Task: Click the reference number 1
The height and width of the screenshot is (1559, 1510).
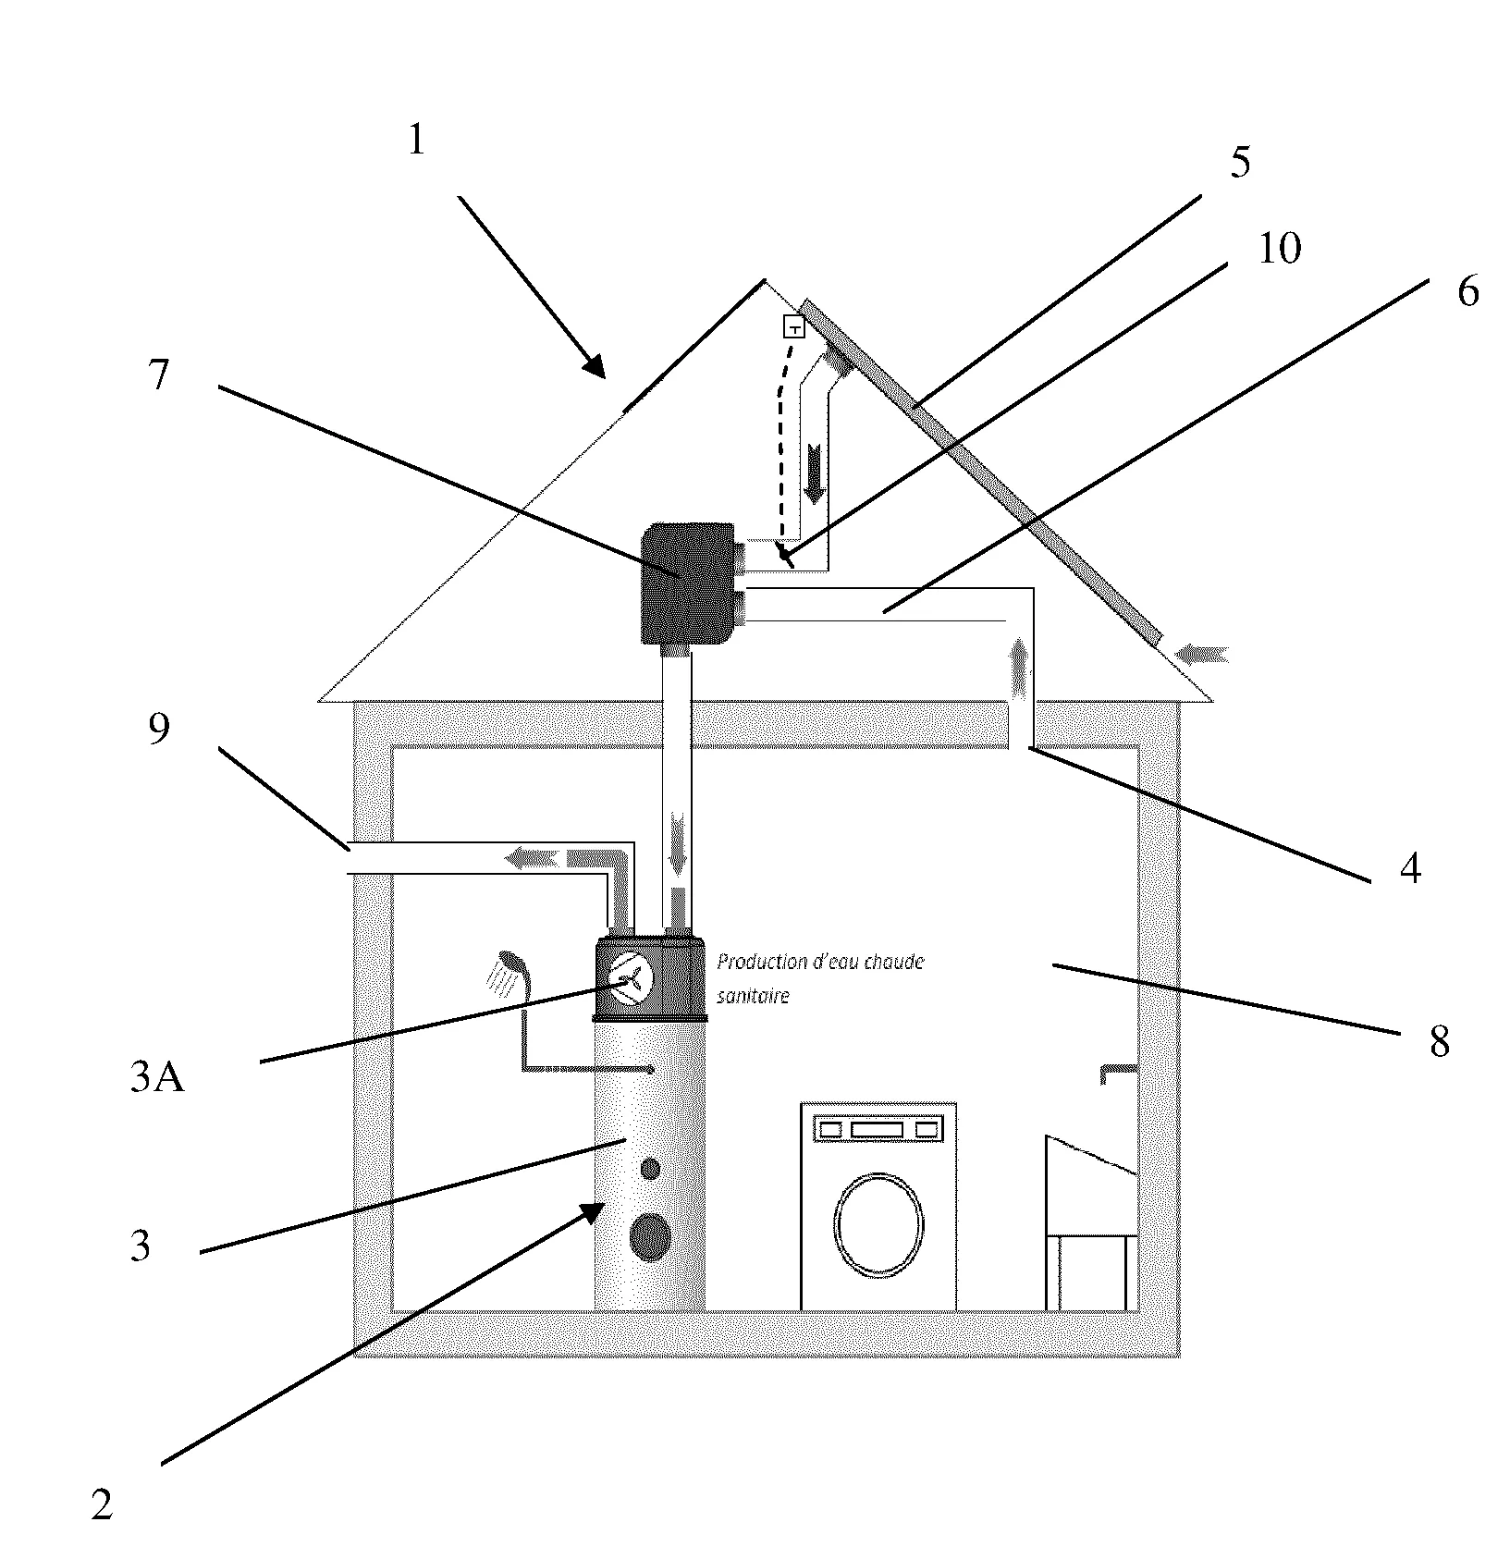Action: (416, 141)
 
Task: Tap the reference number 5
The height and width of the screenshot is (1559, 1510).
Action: (1240, 163)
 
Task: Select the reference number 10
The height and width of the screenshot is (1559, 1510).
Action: (1279, 248)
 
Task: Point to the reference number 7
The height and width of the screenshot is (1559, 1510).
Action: (160, 375)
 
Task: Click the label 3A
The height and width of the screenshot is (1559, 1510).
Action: (156, 1078)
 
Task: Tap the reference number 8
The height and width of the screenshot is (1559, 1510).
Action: (1439, 1042)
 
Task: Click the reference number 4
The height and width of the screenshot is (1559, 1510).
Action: (1409, 868)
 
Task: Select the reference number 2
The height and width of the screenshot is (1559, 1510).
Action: (102, 1505)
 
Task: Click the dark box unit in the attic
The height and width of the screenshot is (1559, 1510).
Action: (689, 583)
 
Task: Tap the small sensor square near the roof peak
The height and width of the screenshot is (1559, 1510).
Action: (794, 326)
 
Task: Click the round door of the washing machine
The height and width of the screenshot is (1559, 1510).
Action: (878, 1223)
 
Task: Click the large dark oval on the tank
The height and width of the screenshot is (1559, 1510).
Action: (650, 1237)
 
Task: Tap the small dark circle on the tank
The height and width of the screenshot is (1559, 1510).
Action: (650, 1169)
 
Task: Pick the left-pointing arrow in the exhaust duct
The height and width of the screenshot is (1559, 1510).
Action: (531, 859)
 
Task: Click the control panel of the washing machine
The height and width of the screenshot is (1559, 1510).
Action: (878, 1129)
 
